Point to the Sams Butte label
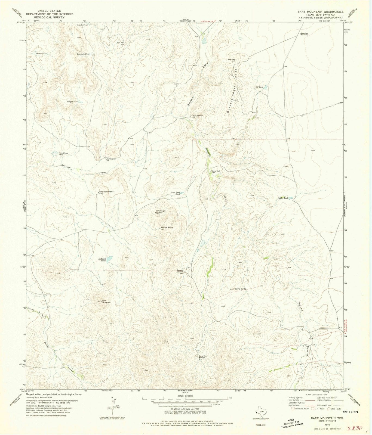click(240, 289)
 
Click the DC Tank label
click(259, 87)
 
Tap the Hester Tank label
click(283, 198)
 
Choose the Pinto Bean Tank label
click(176, 193)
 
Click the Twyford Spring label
click(167, 228)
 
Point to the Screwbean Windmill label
click(106, 192)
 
